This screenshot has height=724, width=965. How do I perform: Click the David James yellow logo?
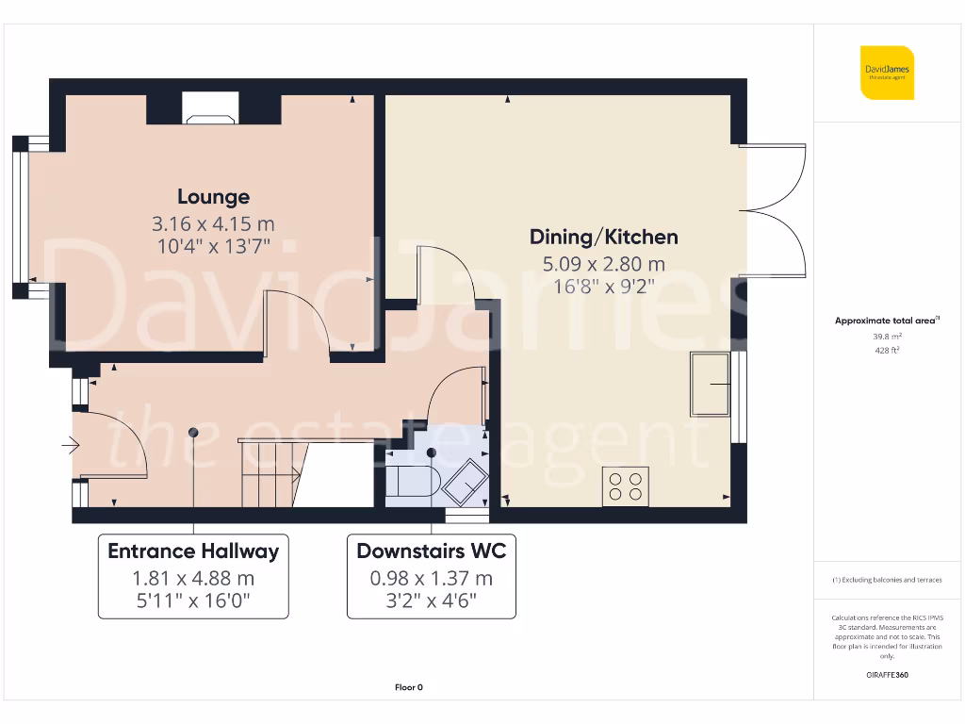[x=886, y=72]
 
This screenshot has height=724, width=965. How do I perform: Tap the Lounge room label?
[x=214, y=197]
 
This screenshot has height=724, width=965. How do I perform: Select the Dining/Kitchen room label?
[x=603, y=237]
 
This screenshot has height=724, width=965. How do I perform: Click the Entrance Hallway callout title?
[x=193, y=551]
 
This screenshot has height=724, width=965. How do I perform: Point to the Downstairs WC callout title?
[x=432, y=551]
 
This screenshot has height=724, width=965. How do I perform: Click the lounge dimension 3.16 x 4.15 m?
[x=214, y=224]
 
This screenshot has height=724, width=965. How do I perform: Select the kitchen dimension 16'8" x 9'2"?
[x=603, y=286]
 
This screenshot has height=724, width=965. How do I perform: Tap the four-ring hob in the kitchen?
[x=625, y=486]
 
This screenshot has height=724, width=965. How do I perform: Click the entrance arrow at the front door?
[x=72, y=445]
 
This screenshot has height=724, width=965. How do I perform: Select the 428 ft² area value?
[x=886, y=350]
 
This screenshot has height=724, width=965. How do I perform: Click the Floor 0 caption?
[x=408, y=687]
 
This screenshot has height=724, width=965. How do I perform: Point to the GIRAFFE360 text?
[x=886, y=675]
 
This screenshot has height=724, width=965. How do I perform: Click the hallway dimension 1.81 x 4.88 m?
[x=193, y=579]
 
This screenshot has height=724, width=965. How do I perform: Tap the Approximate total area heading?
[x=886, y=321]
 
